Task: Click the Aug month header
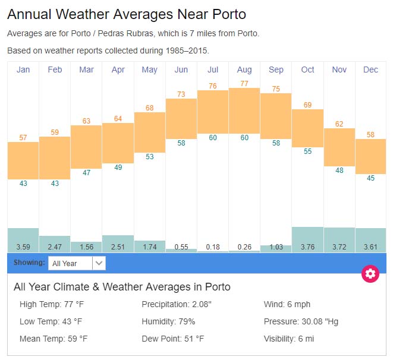point(244,70)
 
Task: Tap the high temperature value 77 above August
point(244,84)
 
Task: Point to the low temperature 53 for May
point(150,157)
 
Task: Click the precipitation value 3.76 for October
point(307,247)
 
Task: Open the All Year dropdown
point(77,263)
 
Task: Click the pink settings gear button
point(370,274)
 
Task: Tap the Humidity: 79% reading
point(168,321)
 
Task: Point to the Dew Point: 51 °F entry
point(172,339)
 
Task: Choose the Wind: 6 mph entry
point(287,305)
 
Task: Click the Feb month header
point(55,70)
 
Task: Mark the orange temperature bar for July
point(213,112)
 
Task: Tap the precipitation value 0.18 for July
point(213,247)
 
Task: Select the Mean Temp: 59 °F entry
point(54,339)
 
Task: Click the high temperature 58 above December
point(370,135)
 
